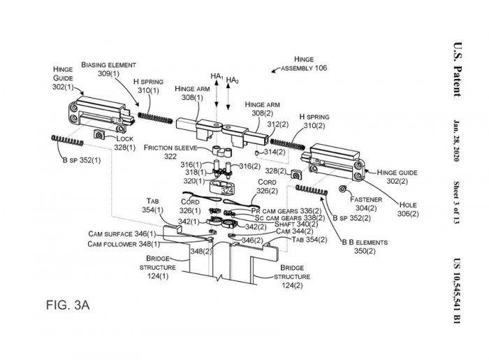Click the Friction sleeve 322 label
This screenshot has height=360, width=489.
click(x=170, y=152)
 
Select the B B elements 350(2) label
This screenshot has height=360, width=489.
click(x=359, y=245)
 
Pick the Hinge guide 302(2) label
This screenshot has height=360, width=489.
click(x=398, y=176)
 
